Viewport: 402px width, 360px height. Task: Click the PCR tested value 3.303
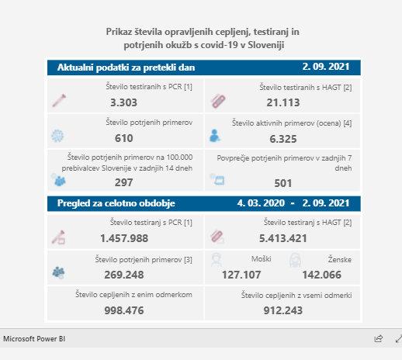coord(123,102)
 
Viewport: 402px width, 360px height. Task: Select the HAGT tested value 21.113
coord(283,102)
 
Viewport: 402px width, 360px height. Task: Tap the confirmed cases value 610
coord(124,138)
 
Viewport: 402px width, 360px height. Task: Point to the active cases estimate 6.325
coord(283,139)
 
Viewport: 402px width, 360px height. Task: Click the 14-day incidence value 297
coord(124,182)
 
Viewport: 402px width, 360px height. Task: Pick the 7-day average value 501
coord(283,183)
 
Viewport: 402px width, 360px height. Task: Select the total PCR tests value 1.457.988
coord(124,238)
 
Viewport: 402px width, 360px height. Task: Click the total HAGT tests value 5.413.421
coord(283,238)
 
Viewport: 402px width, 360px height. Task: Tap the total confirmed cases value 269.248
coord(124,275)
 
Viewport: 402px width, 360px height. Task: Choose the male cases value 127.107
coord(241,275)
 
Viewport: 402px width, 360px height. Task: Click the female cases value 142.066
coord(322,275)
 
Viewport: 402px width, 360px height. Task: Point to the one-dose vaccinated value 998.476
coord(124,310)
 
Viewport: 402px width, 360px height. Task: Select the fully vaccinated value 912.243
coord(283,310)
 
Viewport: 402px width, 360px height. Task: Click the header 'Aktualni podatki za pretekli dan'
coord(126,67)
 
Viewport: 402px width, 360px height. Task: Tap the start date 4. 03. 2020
coord(261,203)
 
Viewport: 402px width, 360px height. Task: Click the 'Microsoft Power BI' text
coord(34,339)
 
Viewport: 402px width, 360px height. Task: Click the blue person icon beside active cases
coord(215,136)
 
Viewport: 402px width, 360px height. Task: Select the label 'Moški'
coord(262,259)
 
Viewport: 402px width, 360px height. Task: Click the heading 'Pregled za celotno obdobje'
coord(116,203)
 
